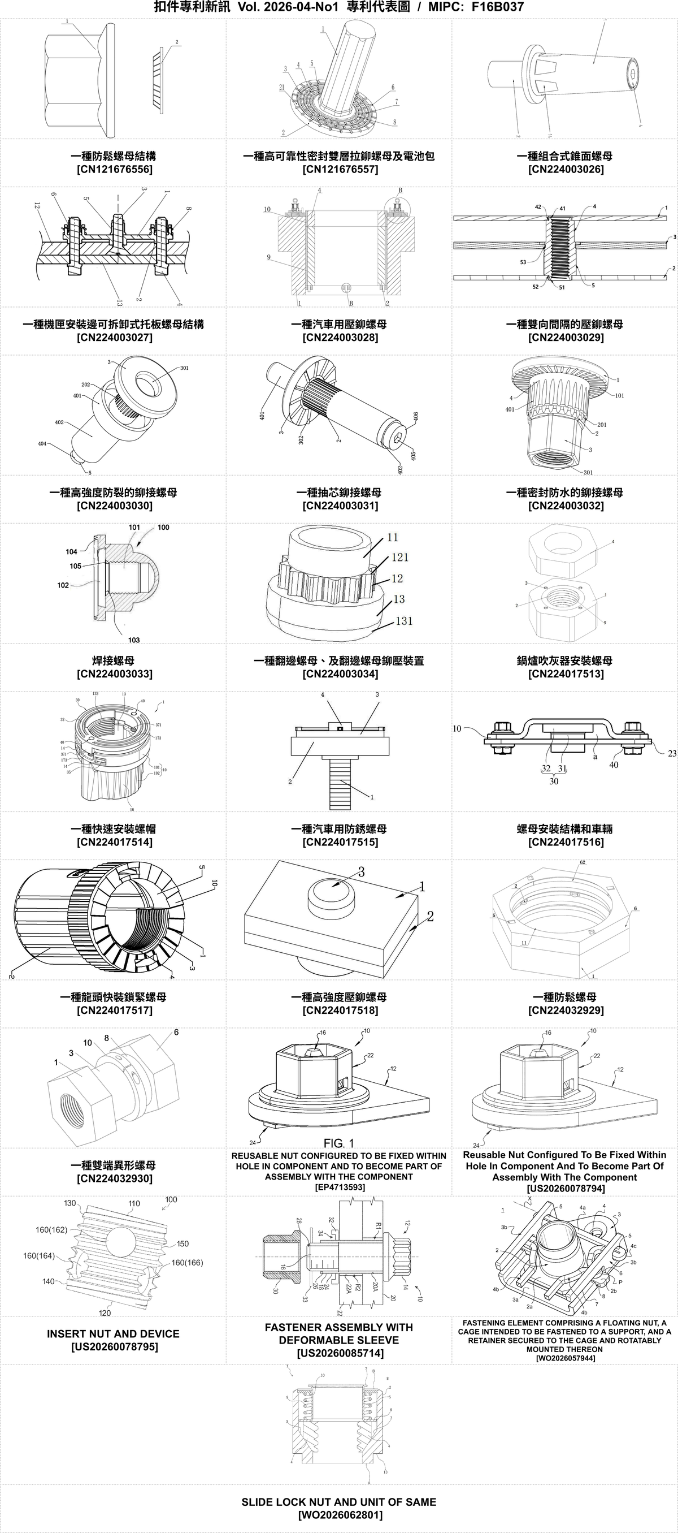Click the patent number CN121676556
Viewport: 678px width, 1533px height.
pos(114,170)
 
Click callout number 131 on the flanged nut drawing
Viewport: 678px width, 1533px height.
pos(404,621)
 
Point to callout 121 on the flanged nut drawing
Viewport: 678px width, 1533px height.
pos(399,557)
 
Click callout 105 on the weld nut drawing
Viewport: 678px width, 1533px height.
pos(76,566)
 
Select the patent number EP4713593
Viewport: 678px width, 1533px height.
pos(339,1187)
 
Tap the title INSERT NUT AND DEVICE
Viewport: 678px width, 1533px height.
pos(113,1334)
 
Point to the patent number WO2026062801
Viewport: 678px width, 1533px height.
pos(340,1515)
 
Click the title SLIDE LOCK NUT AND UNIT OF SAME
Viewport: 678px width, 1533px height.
pos(338,1502)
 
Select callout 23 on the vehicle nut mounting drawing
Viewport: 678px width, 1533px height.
pos(671,753)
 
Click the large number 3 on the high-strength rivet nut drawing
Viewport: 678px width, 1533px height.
pos(361,872)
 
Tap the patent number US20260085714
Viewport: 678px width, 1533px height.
pos(340,1353)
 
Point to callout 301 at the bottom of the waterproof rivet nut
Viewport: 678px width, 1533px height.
pos(588,473)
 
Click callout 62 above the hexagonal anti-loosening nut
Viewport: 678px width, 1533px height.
pos(583,862)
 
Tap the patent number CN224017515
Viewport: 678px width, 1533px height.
pos(340,842)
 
